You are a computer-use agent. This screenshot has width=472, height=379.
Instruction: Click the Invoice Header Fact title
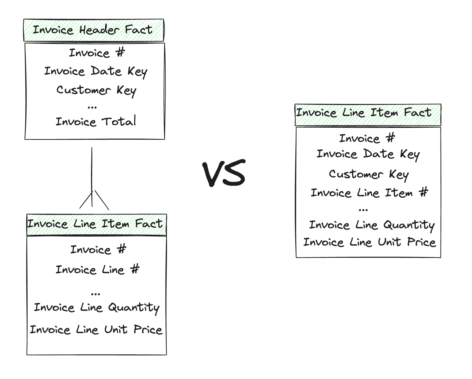(x=93, y=30)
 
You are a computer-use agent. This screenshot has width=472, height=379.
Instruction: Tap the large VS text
(x=224, y=173)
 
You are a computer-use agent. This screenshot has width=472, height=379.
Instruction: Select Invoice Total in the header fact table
(x=96, y=122)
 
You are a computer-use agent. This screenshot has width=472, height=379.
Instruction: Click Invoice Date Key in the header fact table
(x=96, y=72)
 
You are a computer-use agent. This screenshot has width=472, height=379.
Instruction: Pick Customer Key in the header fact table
(x=96, y=90)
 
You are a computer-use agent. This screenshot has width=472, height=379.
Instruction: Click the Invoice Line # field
(x=97, y=269)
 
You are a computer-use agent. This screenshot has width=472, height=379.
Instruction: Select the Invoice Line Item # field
(x=369, y=193)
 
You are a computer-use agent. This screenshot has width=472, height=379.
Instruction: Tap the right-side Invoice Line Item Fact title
(x=363, y=113)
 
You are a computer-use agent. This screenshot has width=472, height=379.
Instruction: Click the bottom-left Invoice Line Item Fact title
(x=95, y=224)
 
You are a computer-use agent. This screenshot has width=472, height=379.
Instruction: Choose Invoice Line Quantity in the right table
(x=372, y=225)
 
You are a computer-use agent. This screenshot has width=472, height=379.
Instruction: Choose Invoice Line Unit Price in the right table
(x=369, y=242)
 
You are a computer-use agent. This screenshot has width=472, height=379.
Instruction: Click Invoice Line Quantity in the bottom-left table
(x=97, y=308)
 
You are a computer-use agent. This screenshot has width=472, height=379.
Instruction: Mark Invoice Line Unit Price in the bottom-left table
(x=96, y=330)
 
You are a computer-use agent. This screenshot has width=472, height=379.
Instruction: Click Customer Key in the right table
(x=369, y=174)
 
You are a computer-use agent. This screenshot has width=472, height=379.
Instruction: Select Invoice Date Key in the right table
(x=368, y=154)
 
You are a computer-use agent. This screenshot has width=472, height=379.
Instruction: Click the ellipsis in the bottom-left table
(x=95, y=294)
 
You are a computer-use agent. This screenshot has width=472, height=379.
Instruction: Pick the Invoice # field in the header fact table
(x=97, y=53)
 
